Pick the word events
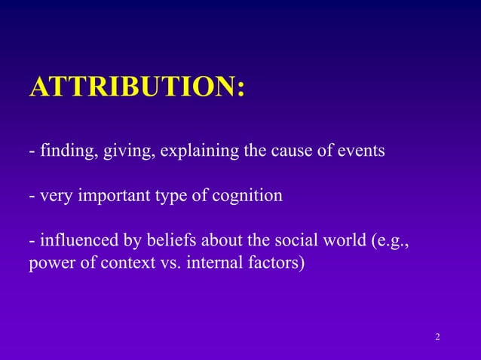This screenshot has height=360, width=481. [x=360, y=151]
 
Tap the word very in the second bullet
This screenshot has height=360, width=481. [x=54, y=196]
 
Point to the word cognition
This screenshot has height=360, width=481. [x=249, y=196]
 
